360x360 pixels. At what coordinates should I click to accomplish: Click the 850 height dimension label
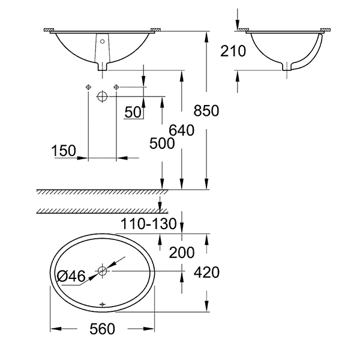[207, 111]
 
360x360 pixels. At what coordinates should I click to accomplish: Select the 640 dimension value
[182, 130]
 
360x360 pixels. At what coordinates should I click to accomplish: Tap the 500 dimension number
[162, 144]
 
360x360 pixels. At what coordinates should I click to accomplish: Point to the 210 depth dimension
[233, 52]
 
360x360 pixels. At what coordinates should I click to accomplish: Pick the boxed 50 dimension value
[133, 112]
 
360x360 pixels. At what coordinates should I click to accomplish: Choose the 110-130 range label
[151, 225]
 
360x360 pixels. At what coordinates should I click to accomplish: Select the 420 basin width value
[206, 272]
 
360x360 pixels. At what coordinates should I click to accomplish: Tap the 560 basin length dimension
[103, 329]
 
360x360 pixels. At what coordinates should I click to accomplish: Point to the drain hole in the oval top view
[102, 271]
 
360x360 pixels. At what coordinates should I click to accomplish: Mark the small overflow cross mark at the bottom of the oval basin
[102, 304]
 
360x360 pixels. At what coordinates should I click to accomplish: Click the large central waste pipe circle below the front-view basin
[102, 95]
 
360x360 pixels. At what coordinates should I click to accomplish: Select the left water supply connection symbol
[88, 88]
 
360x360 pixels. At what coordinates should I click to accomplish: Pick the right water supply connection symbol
[116, 88]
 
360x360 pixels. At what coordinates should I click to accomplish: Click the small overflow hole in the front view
[102, 42]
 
